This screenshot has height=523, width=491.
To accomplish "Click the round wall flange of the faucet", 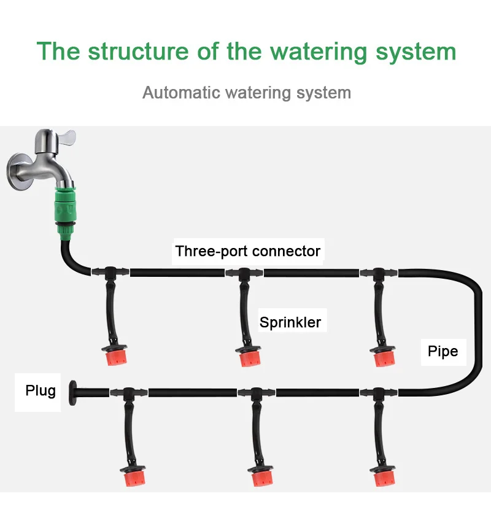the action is pyautogui.click(x=19, y=171).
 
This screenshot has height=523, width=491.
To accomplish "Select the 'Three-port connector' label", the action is pyautogui.click(x=248, y=251).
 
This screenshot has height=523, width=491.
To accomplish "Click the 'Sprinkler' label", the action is pyautogui.click(x=290, y=322).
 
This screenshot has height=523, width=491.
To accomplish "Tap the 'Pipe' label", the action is pyautogui.click(x=443, y=351).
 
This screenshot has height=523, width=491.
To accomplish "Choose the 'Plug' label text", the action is pyautogui.click(x=41, y=390).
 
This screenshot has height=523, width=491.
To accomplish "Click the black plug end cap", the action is pyautogui.click(x=72, y=393).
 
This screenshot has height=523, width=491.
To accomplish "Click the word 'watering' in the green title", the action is pyautogui.click(x=319, y=52).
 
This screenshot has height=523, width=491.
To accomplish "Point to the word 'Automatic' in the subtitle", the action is pyautogui.click(x=182, y=93).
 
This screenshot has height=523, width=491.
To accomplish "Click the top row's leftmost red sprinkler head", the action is pyautogui.click(x=115, y=355).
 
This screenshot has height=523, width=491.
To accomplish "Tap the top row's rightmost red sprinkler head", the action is pyautogui.click(x=384, y=357).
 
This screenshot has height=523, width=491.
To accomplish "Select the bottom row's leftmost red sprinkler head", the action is pyautogui.click(x=134, y=476).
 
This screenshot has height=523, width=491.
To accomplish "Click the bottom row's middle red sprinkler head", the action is pyautogui.click(x=261, y=476).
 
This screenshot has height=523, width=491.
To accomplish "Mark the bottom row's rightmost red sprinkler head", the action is pyautogui.click(x=384, y=476).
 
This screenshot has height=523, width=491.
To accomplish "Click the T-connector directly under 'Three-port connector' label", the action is pyautogui.click(x=244, y=274).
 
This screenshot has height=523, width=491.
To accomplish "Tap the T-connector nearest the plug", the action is pyautogui.click(x=128, y=393).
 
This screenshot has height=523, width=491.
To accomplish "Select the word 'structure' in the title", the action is pyautogui.click(x=139, y=52).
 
